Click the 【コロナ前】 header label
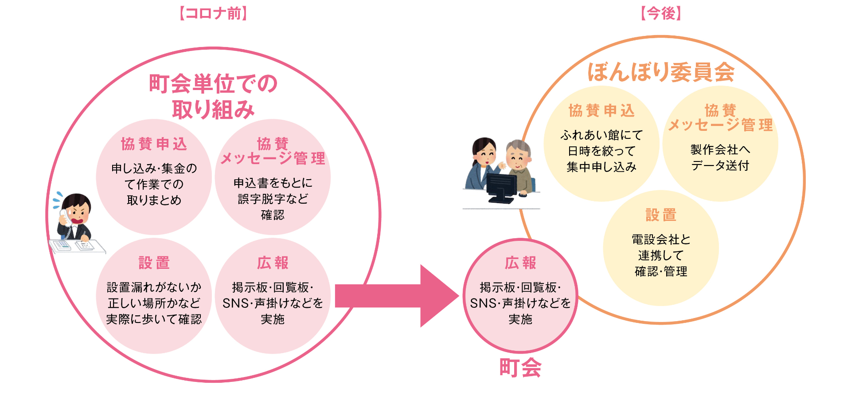213,13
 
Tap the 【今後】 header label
660,13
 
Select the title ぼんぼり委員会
661,72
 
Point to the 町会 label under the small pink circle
520,368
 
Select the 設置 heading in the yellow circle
661,215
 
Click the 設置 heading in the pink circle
154,263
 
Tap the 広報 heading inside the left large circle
273,263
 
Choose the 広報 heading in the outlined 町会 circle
520,263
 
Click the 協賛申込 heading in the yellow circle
601,110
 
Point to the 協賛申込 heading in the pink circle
154,144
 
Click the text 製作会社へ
720,149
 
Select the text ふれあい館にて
601,135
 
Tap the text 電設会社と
661,240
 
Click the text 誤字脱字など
273,199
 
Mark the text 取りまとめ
154,200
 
